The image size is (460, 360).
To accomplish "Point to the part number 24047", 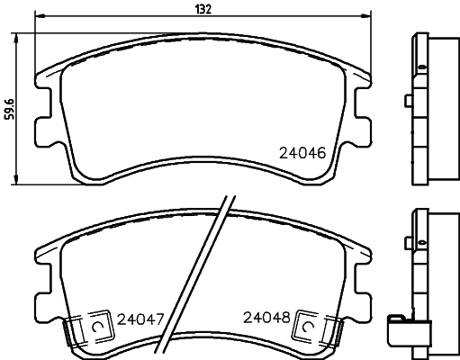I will [x=140, y=318].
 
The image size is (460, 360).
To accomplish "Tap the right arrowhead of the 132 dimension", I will [x=367, y=16].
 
